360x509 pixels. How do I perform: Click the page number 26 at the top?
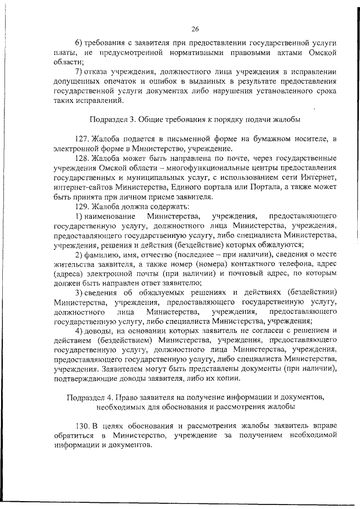[195, 30]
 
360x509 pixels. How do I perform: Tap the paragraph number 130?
[82, 427]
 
